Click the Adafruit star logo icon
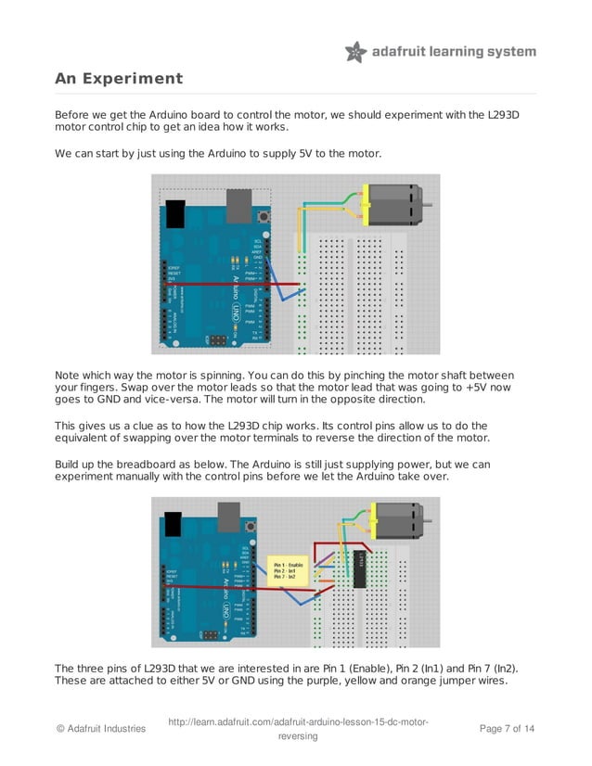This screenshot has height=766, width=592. pos(356,52)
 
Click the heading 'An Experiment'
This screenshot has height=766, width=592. pos(119,79)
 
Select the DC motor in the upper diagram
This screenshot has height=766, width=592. pos(394,202)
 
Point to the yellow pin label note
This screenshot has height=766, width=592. pos(287,569)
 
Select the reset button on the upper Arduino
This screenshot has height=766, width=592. pos(266,216)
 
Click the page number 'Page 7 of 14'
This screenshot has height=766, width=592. pos(507,729)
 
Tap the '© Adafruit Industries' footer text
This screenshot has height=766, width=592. pos(100,729)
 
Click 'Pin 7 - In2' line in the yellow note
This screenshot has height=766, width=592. pos(285,578)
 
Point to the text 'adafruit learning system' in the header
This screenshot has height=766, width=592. pos(454,52)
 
